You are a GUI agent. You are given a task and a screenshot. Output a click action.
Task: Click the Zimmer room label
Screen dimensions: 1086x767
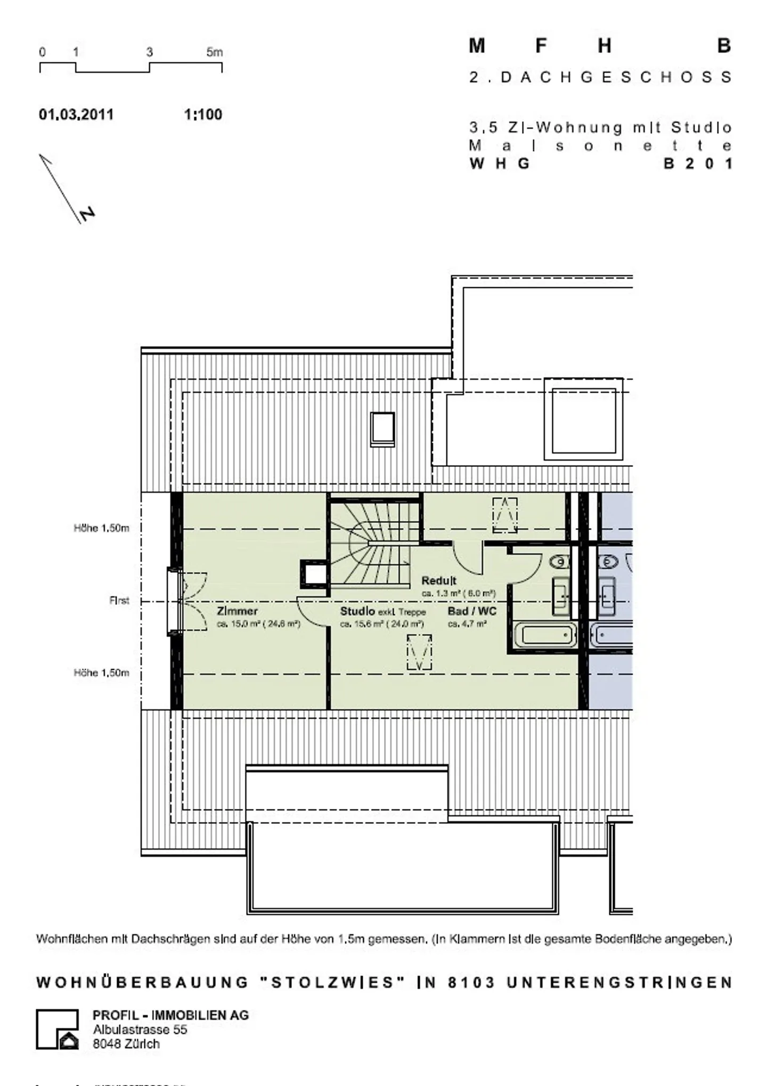click(x=237, y=611)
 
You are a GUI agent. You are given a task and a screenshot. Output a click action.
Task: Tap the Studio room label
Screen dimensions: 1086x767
click(x=357, y=611)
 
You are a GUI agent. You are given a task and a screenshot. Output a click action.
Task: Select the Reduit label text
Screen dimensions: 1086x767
click(x=439, y=580)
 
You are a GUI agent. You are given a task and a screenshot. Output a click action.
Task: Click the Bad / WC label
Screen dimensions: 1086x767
click(x=472, y=611)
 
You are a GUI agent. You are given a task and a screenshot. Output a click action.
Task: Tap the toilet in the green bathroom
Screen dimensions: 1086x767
click(x=559, y=561)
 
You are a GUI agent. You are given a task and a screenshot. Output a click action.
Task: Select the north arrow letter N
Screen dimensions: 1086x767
click(x=87, y=214)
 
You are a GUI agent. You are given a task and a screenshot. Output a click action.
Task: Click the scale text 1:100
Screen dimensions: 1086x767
click(x=203, y=115)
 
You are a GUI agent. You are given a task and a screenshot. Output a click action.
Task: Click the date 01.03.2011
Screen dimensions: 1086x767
click(x=76, y=115)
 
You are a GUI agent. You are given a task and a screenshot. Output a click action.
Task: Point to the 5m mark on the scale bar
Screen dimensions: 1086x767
click(x=215, y=52)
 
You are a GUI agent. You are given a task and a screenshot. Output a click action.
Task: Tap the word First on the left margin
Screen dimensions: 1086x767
click(x=119, y=601)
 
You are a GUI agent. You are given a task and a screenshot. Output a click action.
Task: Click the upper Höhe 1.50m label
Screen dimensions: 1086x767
click(x=101, y=528)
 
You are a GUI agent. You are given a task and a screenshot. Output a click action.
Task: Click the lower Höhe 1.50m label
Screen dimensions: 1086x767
click(x=101, y=672)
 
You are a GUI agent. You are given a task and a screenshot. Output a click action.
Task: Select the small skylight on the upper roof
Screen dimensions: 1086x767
click(x=382, y=429)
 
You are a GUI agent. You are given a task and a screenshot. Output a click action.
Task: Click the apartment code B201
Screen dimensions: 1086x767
click(x=697, y=164)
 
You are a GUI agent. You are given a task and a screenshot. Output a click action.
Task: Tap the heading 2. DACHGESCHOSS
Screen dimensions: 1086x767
click(x=600, y=77)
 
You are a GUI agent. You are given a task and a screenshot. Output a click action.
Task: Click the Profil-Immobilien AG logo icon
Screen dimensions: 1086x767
click(x=58, y=1029)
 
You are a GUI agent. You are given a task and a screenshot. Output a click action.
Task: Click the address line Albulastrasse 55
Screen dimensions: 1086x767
click(x=140, y=1030)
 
